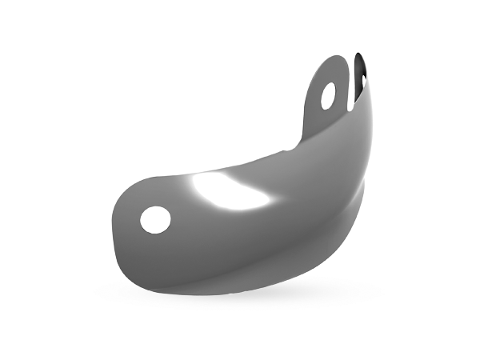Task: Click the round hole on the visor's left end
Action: click(154, 220)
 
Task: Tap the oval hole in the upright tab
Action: click(328, 96)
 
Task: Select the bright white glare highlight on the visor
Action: click(228, 191)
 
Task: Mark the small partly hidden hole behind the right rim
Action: click(364, 82)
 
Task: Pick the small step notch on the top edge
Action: click(282, 151)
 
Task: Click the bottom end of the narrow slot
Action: click(350, 109)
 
